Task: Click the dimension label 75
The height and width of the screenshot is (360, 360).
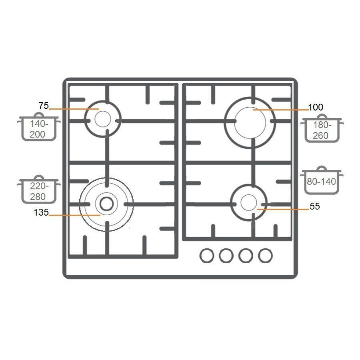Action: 44,105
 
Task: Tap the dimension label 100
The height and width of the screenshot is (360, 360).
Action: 316,107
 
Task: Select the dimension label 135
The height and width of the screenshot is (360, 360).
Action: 41,212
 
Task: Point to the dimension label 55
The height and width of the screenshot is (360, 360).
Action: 315,206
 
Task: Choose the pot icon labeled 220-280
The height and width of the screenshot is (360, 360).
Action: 39,189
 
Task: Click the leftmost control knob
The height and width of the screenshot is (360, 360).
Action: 207,255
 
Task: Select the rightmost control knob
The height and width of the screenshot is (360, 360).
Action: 265,255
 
